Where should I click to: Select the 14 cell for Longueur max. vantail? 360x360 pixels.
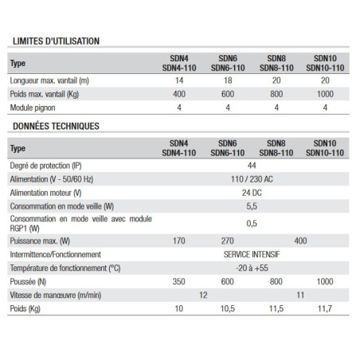pyautogui.click(x=179, y=80)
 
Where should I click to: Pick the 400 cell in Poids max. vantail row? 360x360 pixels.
pyautogui.click(x=179, y=93)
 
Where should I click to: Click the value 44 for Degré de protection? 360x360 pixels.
pyautogui.click(x=251, y=166)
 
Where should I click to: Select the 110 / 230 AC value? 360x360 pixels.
pyautogui.click(x=251, y=180)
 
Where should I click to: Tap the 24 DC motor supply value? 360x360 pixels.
pyautogui.click(x=251, y=194)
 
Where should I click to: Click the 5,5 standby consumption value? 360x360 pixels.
pyautogui.click(x=251, y=206)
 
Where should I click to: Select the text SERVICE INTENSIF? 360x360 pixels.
pyautogui.click(x=251, y=254)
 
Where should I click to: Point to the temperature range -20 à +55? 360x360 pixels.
pyautogui.click(x=251, y=268)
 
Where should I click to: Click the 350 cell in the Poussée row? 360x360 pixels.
pyautogui.click(x=179, y=281)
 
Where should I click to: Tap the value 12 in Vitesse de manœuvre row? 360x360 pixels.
pyautogui.click(x=203, y=295)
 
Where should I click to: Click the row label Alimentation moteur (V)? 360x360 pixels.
pyautogui.click(x=48, y=194)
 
